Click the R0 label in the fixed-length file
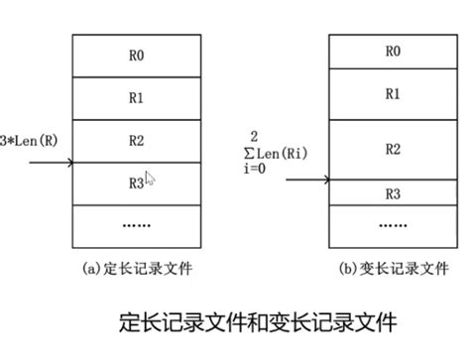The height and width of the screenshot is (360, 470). click(135, 56)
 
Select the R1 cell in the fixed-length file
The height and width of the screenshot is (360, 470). click(135, 98)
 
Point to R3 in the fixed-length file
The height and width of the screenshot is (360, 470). click(135, 182)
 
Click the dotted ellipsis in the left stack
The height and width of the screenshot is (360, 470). click(136, 224)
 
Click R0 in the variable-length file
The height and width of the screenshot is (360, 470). click(392, 51)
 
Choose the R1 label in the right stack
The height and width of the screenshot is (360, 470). click(392, 93)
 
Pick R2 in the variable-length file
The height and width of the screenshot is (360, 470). click(392, 149)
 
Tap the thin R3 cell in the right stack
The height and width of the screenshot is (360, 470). click(392, 192)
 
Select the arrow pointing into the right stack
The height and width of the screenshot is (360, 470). click(307, 180)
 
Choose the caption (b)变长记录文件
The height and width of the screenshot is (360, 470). click(394, 267)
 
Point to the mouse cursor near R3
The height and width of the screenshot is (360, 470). click(150, 180)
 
